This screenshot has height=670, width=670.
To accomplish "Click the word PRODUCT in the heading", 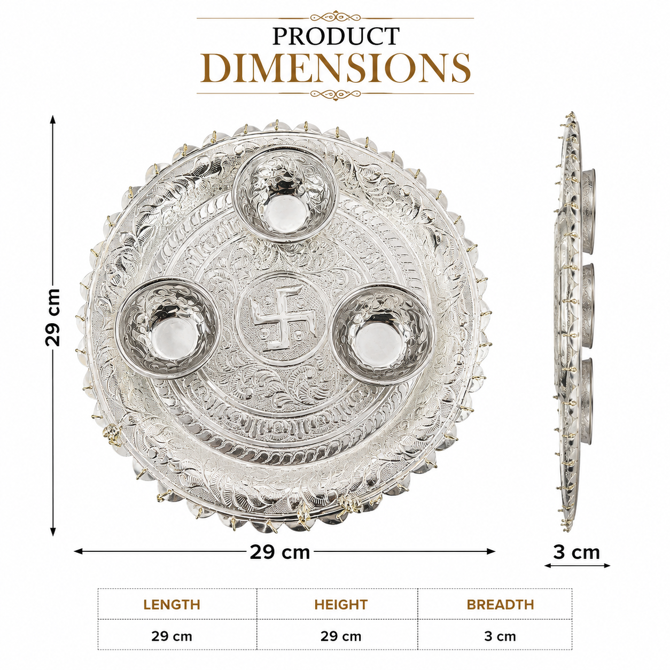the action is pyautogui.click(x=336, y=36).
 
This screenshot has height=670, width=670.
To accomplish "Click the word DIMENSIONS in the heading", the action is pyautogui.click(x=336, y=68).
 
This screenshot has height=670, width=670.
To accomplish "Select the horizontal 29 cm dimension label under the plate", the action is pyautogui.click(x=279, y=552).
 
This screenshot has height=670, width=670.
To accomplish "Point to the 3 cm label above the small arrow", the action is pyautogui.click(x=576, y=552).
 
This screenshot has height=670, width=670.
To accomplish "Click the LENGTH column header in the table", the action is pyautogui.click(x=172, y=605).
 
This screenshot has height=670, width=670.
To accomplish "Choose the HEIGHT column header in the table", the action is pyautogui.click(x=341, y=605).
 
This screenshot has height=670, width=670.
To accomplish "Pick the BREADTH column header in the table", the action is pyautogui.click(x=500, y=605).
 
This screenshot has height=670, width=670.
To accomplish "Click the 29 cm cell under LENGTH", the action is pyautogui.click(x=172, y=637).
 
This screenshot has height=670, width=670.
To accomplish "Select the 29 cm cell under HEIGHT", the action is pyautogui.click(x=341, y=637).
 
